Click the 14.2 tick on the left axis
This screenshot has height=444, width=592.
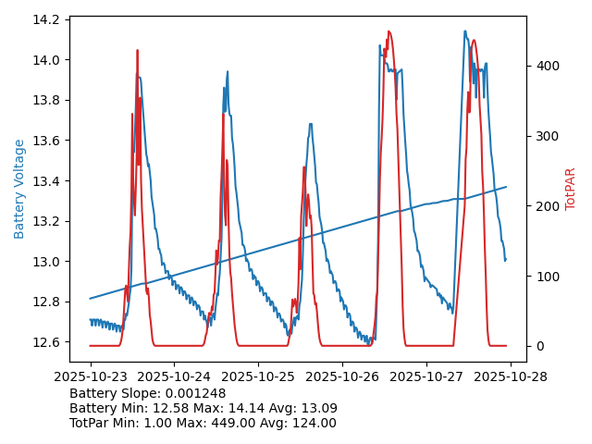(x=49, y=19)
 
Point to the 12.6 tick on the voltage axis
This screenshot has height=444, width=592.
(x=49, y=342)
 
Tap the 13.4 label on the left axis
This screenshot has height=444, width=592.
(x=49, y=181)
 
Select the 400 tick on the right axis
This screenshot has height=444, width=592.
(x=546, y=66)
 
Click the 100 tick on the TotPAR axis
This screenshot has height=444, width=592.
(x=546, y=277)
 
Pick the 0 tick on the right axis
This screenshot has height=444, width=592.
(x=539, y=346)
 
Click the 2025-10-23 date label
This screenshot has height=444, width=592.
(x=90, y=376)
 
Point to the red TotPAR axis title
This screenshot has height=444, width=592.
(x=571, y=189)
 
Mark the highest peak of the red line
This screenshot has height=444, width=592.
(x=388, y=31)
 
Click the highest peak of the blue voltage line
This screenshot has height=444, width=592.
(x=465, y=31)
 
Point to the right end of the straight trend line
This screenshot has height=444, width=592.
(x=506, y=187)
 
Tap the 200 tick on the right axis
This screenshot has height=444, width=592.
(x=546, y=206)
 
